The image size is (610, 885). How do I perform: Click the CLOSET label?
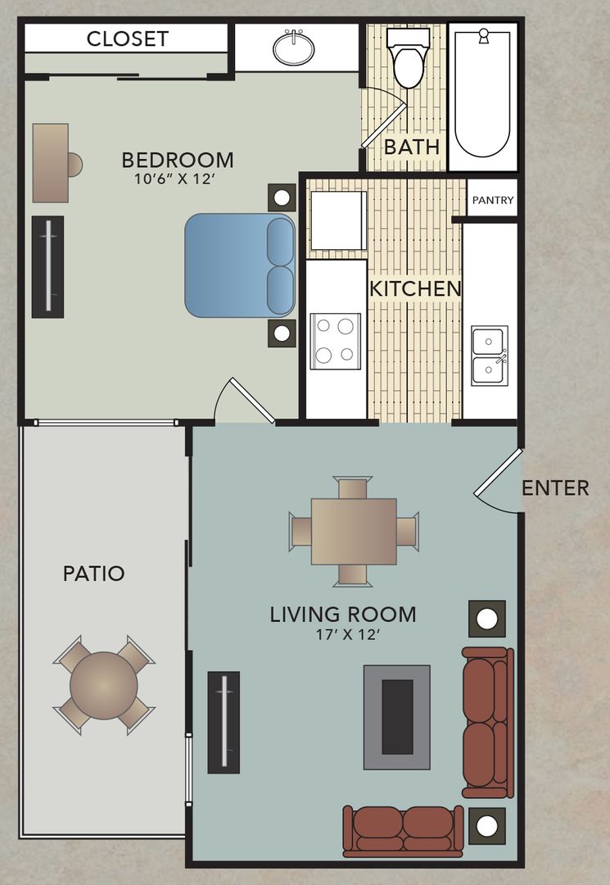pos(127,39)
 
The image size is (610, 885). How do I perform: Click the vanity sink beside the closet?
pos(294,48)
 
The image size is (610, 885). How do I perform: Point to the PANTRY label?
pos(493,200)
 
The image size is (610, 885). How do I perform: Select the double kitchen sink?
pos(490,356)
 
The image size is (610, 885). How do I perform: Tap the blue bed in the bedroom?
pos(239,265)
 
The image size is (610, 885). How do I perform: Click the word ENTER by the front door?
pos(555,488)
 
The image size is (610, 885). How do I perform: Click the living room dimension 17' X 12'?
pos(342,634)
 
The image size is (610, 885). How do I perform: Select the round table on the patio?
pos(103,685)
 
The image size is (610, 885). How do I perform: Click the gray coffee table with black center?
pos(397,717)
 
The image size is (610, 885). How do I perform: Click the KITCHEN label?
pos(415,289)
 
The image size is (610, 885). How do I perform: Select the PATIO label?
pos(94,574)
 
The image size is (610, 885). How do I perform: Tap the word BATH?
pos(412,147)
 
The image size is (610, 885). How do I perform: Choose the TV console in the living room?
pos(224,722)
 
